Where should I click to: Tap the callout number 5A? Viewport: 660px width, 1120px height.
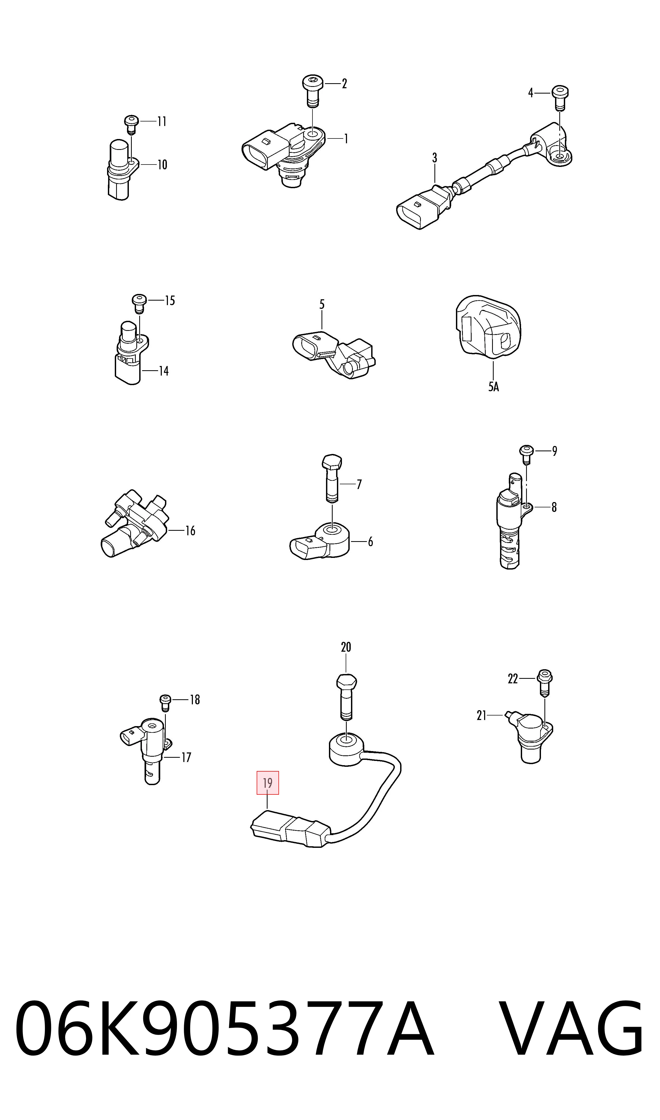(494, 386)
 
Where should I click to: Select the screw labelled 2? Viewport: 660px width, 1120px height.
(313, 91)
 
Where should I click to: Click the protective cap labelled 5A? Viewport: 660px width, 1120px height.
(488, 326)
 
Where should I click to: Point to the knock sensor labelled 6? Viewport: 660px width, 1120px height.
(320, 540)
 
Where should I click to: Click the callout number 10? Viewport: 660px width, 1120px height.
(162, 165)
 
